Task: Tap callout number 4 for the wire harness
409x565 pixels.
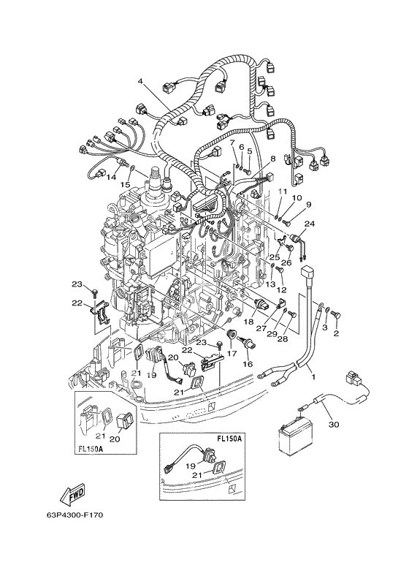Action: [140, 81]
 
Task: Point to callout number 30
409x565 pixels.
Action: [335, 425]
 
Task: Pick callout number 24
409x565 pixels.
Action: [310, 224]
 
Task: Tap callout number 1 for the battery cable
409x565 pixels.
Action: [313, 377]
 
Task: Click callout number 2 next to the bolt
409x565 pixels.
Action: [336, 334]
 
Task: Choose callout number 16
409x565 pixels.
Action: [248, 364]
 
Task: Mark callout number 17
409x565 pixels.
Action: [232, 354]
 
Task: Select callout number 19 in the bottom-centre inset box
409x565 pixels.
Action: [191, 466]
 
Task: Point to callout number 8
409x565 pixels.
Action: [272, 157]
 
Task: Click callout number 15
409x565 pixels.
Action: [125, 184]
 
